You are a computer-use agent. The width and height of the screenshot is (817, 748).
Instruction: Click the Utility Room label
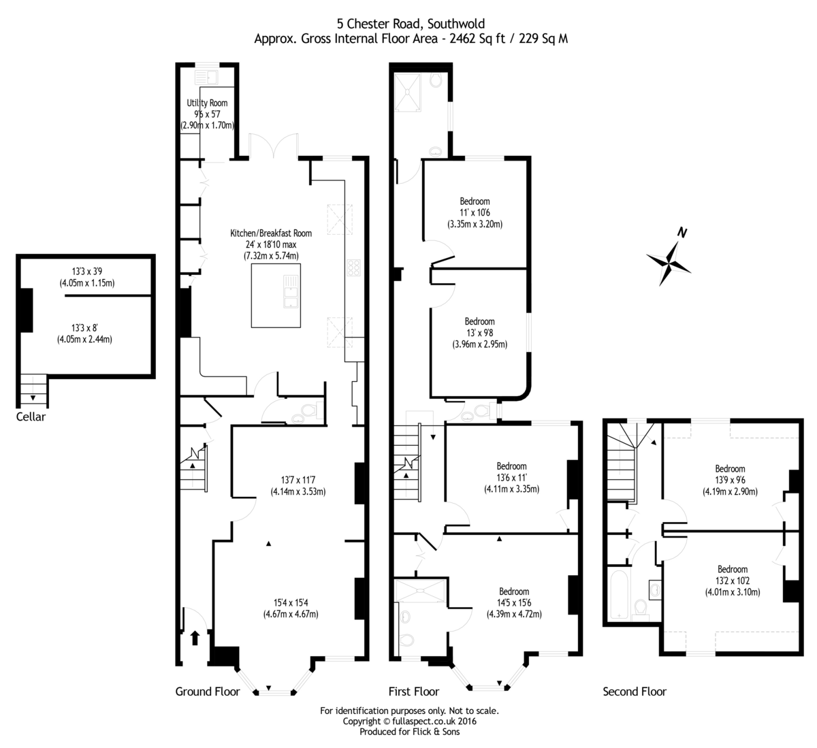pyautogui.click(x=207, y=103)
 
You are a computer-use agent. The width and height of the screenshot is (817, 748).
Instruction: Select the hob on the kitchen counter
pyautogui.click(x=355, y=267)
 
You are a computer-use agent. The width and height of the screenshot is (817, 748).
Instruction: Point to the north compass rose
pyautogui.click(x=669, y=259)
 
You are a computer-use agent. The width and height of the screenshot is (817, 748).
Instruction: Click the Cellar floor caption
pyautogui.click(x=31, y=417)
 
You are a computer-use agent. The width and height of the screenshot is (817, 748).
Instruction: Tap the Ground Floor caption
pyautogui.click(x=208, y=692)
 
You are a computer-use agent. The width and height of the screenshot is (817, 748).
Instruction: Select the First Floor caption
pyautogui.click(x=413, y=692)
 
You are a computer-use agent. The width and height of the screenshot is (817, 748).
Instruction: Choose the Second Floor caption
pyautogui.click(x=635, y=692)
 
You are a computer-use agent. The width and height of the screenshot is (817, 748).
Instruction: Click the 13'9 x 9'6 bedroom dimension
pyautogui.click(x=730, y=480)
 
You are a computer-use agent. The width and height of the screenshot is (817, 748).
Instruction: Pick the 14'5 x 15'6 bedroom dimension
pyautogui.click(x=513, y=603)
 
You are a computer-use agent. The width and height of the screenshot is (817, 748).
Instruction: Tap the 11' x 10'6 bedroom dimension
pyautogui.click(x=475, y=213)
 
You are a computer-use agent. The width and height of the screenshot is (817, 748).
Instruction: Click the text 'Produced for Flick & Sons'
pyautogui.click(x=409, y=732)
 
